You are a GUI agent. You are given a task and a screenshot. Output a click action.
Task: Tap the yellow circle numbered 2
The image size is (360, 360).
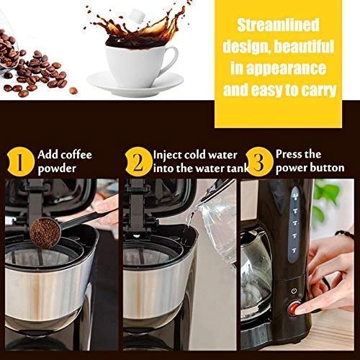(137, 161)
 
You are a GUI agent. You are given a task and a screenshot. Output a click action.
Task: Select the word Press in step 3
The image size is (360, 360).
(291, 155)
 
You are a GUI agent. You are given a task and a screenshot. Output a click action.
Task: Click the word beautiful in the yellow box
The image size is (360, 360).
(310, 49)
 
